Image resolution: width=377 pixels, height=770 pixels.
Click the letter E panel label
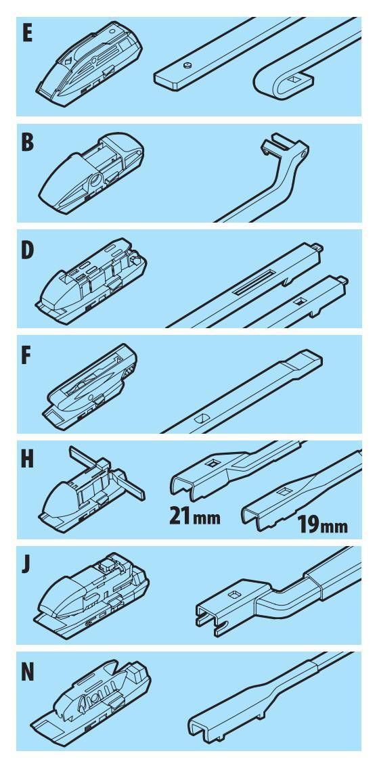tap(27, 35)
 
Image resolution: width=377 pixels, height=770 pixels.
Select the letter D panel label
tap(28, 250)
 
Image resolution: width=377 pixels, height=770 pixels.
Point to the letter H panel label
tap(28, 460)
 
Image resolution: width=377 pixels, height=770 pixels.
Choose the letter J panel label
tap(26, 566)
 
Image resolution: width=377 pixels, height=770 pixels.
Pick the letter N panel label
tap(28, 673)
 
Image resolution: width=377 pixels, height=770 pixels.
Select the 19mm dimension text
tap(322, 526)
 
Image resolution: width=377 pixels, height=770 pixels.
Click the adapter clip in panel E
tap(89, 63)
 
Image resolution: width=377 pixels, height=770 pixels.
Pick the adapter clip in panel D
tap(91, 281)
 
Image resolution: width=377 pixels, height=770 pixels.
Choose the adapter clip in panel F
tap(91, 386)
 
